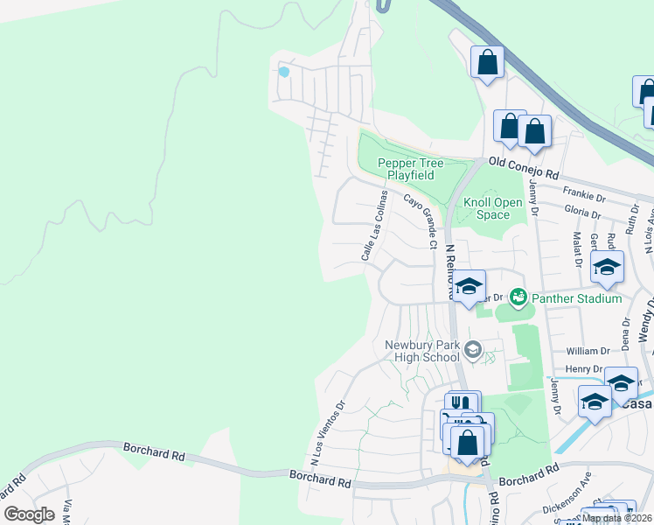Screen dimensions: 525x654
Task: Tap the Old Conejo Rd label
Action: click(x=523, y=163)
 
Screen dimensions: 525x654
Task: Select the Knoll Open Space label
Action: click(x=487, y=208)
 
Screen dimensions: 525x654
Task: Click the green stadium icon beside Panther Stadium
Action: click(x=518, y=298)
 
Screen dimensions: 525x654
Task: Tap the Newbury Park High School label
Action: click(x=422, y=350)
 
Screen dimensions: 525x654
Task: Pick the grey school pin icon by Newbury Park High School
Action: click(x=473, y=351)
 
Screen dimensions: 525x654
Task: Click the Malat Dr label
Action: click(x=577, y=247)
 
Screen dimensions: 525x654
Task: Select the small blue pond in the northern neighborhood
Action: click(x=282, y=70)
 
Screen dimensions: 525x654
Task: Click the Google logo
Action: click(x=30, y=514)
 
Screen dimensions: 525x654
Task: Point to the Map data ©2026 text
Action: click(x=616, y=518)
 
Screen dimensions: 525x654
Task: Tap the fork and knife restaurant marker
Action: click(x=463, y=403)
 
